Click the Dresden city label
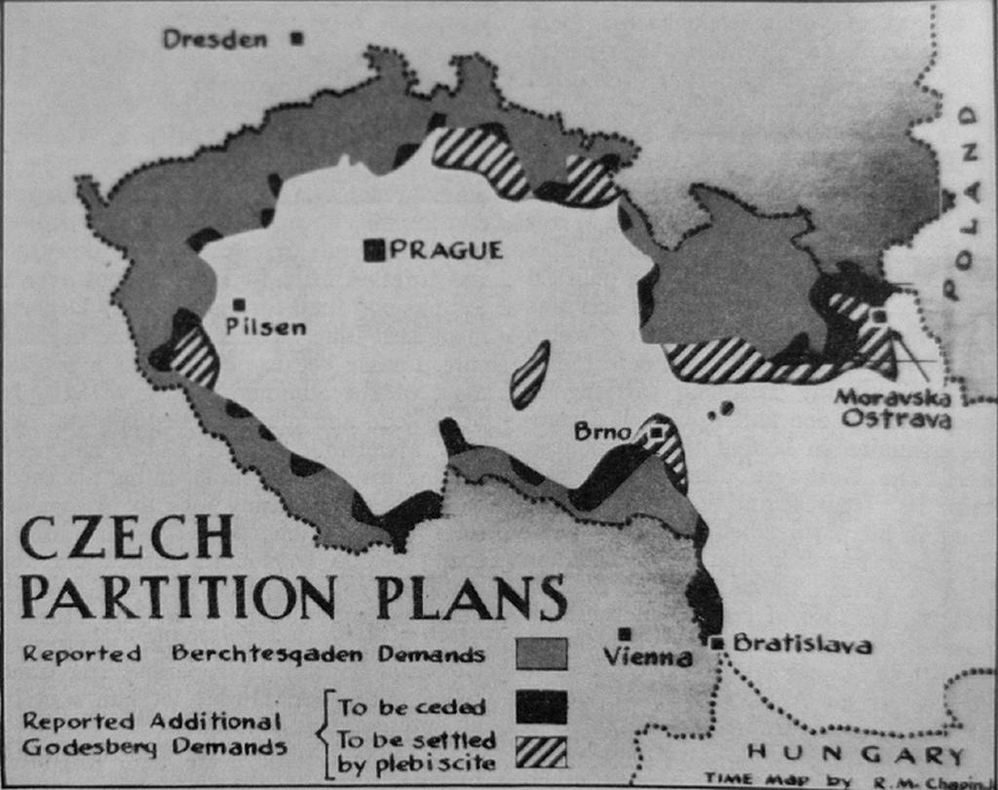214,39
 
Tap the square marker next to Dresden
297,39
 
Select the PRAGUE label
446,251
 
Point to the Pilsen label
265,327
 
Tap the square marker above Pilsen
239,305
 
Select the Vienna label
647,657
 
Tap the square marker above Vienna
624,634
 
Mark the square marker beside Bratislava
718,643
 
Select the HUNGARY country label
855,754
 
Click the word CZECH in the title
128,538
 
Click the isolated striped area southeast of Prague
529,375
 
